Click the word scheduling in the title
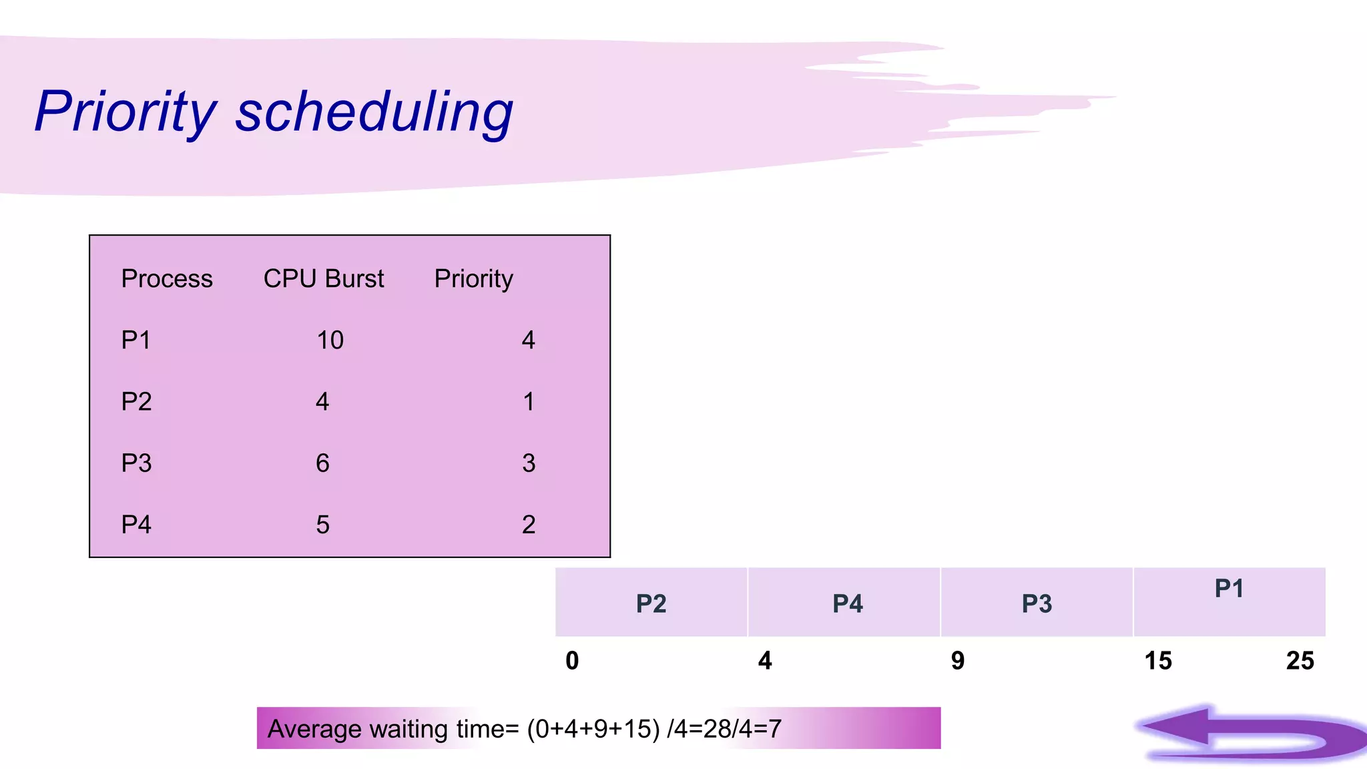tap(374, 112)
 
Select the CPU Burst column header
tap(324, 278)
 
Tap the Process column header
tap(167, 278)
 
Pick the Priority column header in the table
tap(473, 278)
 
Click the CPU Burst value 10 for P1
tap(330, 340)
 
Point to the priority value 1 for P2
tap(529, 402)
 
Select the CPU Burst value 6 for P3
tap(322, 463)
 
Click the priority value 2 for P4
tap(529, 525)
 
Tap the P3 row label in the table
tap(136, 463)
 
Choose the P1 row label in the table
tap(135, 340)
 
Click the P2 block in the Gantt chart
tap(651, 603)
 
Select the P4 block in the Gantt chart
tap(847, 603)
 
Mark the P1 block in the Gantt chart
tap(1229, 601)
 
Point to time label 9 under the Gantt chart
tap(958, 661)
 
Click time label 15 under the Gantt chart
tap(1158, 661)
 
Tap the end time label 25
tap(1300, 661)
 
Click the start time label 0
tap(572, 661)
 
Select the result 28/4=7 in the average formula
tap(742, 729)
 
